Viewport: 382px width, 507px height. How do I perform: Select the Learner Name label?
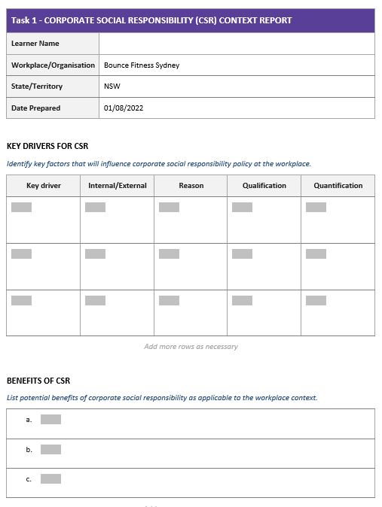(35, 44)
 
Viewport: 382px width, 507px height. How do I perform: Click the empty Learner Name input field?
(236, 44)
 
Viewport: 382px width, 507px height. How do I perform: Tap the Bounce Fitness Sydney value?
(142, 65)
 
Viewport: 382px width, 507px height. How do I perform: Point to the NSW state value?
(112, 87)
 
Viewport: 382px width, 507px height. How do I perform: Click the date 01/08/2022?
(124, 108)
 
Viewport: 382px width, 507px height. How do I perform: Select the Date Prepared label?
(35, 108)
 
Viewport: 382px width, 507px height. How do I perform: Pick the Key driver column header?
(43, 186)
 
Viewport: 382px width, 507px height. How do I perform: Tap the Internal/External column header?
(117, 186)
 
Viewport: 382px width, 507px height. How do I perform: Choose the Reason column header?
(191, 186)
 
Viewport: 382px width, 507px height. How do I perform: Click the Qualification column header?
(264, 186)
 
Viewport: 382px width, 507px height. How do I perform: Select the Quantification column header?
(338, 186)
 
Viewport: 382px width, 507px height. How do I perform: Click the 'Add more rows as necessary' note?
(191, 347)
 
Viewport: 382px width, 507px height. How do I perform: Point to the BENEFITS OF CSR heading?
(38, 381)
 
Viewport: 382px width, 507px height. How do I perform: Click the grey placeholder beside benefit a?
(50, 420)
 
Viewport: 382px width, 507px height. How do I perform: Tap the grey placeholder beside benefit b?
(50, 450)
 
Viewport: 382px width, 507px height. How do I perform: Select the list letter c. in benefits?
(29, 479)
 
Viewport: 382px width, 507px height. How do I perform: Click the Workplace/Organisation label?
(53, 65)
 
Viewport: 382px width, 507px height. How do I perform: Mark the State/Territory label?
(37, 87)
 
